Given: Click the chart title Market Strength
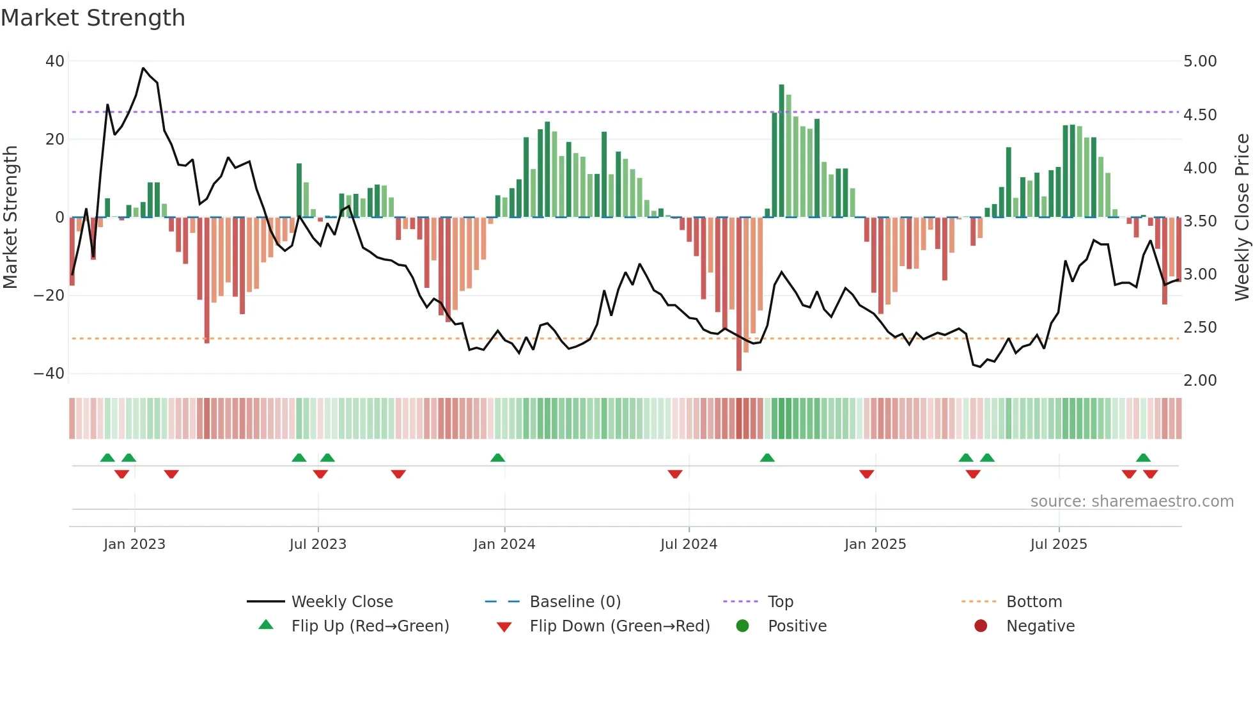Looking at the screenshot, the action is pyautogui.click(x=93, y=18).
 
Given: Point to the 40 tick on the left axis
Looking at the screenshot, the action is pyautogui.click(x=55, y=61).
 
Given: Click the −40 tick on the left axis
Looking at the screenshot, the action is pyautogui.click(x=49, y=374).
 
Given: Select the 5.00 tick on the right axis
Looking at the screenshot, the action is pyautogui.click(x=1200, y=61).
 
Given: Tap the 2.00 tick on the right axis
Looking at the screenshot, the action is pyautogui.click(x=1200, y=381).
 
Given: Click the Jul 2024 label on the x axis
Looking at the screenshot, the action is pyautogui.click(x=689, y=544).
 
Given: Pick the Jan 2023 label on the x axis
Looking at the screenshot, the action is pyautogui.click(x=134, y=544).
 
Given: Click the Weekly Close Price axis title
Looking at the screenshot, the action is pyautogui.click(x=1241, y=218).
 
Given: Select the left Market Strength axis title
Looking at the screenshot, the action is pyautogui.click(x=11, y=218).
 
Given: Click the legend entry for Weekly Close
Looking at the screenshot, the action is pyautogui.click(x=342, y=602).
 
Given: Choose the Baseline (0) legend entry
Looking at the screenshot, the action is pyautogui.click(x=575, y=602).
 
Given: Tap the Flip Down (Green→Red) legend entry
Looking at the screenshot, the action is pyautogui.click(x=619, y=626).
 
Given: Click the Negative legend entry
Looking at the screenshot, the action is pyautogui.click(x=1039, y=626).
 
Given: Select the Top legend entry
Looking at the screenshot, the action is pyautogui.click(x=780, y=602).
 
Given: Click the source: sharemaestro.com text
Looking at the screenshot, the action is pyautogui.click(x=1132, y=502).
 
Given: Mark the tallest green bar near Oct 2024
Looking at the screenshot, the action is pyautogui.click(x=781, y=151).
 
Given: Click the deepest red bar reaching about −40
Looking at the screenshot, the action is pyautogui.click(x=739, y=294).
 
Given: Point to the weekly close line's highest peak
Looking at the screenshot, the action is pyautogui.click(x=143, y=68).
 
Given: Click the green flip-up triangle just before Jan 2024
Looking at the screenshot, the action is pyautogui.click(x=497, y=457).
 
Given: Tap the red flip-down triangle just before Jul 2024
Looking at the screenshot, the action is pyautogui.click(x=675, y=474).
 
